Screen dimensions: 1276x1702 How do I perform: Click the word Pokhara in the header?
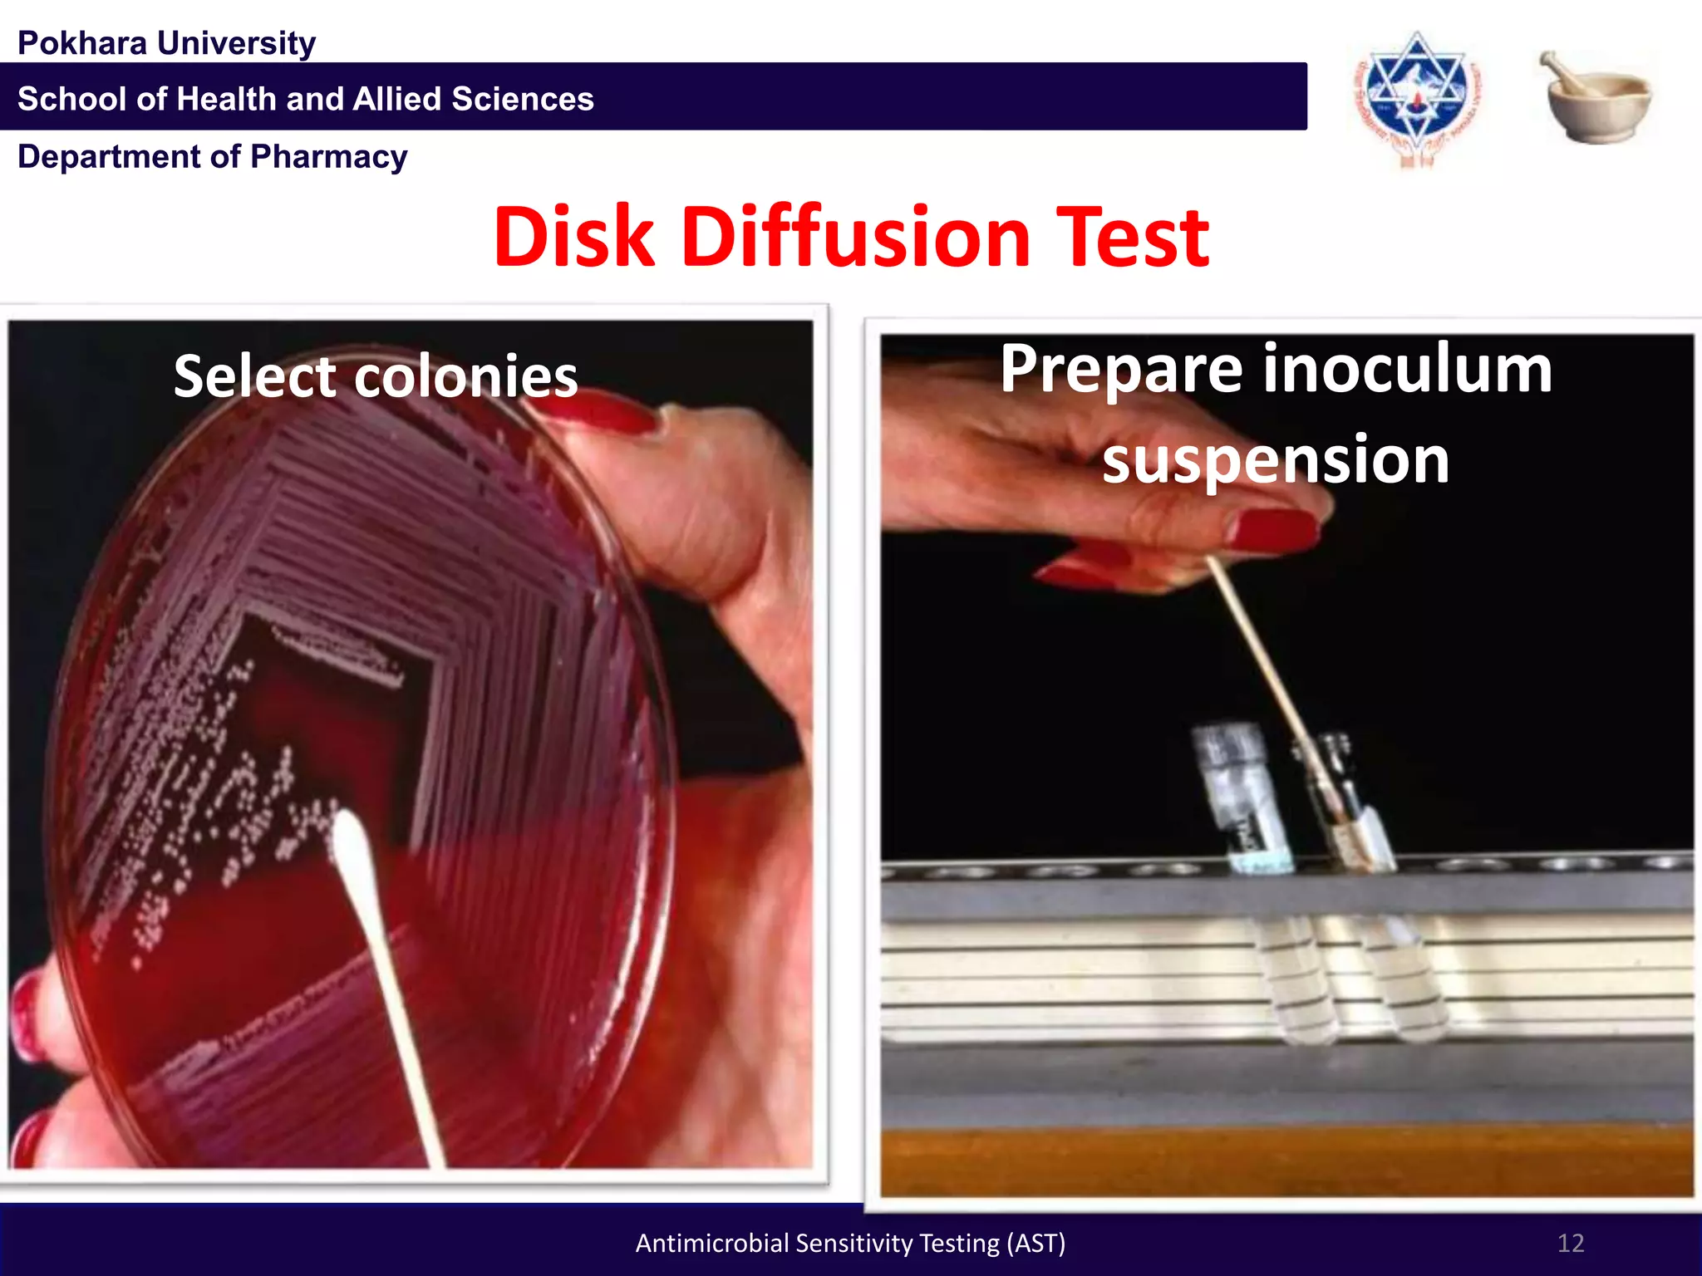point(81,43)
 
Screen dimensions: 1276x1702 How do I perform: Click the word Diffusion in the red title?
point(856,238)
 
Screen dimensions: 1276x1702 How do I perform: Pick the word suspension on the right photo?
point(1276,459)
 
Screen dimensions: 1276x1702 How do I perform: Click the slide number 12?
point(1570,1243)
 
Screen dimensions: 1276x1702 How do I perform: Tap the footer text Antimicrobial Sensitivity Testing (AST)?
point(850,1243)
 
